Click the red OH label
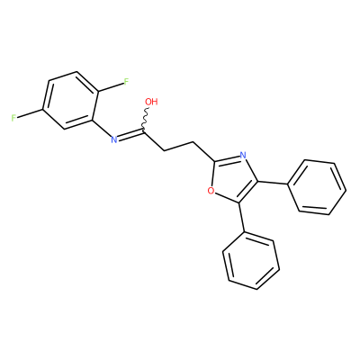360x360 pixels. [x=151, y=102]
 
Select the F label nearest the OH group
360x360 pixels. [x=126, y=81]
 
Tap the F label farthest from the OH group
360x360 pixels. [x=13, y=118]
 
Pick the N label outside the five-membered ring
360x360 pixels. [x=113, y=139]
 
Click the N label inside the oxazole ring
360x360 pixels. [x=243, y=156]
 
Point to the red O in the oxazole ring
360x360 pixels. [x=211, y=190]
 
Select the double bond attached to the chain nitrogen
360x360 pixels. [x=130, y=135]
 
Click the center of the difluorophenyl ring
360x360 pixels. [x=70, y=101]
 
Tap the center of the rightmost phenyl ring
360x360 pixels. [x=317, y=187]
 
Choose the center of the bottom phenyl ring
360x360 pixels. [x=251, y=261]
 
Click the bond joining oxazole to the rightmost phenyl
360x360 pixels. [x=273, y=183]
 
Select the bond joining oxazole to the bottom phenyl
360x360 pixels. [x=242, y=218]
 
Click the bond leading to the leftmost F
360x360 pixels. [x=30, y=113]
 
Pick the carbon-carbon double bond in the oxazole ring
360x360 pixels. [x=248, y=193]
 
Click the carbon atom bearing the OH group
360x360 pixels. [x=144, y=132]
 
